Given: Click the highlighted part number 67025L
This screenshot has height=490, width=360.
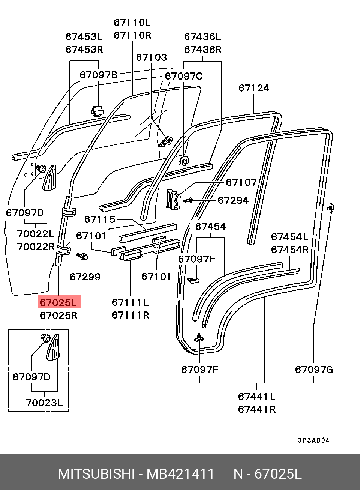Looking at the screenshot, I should [x=58, y=302].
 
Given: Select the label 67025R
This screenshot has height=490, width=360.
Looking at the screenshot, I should [x=58, y=315].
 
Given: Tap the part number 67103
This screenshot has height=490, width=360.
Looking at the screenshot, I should [x=151, y=57].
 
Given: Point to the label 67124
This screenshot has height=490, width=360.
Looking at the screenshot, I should [x=254, y=88].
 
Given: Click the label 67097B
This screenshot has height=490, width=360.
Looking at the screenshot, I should [x=98, y=75].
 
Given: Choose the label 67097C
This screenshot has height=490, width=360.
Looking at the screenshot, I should [x=183, y=76].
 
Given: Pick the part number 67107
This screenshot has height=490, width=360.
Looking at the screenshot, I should [x=241, y=182].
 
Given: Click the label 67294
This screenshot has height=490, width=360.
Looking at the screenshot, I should [x=233, y=200].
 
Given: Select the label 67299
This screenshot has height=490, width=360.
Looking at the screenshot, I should [x=85, y=277].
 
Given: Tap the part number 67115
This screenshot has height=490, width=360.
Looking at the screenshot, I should [x=100, y=219].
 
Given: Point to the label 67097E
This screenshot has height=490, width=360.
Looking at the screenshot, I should [x=196, y=259].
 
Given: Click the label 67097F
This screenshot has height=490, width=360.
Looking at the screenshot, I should [x=199, y=370].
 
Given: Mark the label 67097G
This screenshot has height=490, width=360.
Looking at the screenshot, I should [x=314, y=370].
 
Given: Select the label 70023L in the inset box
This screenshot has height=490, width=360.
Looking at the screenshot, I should [x=44, y=403].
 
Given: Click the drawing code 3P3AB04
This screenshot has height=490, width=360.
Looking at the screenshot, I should [x=313, y=440].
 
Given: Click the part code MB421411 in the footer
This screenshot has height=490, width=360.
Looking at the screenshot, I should [x=180, y=474].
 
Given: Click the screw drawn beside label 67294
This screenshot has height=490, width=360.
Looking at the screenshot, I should [x=189, y=201].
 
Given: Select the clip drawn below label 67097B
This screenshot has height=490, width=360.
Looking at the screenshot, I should [x=97, y=111].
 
